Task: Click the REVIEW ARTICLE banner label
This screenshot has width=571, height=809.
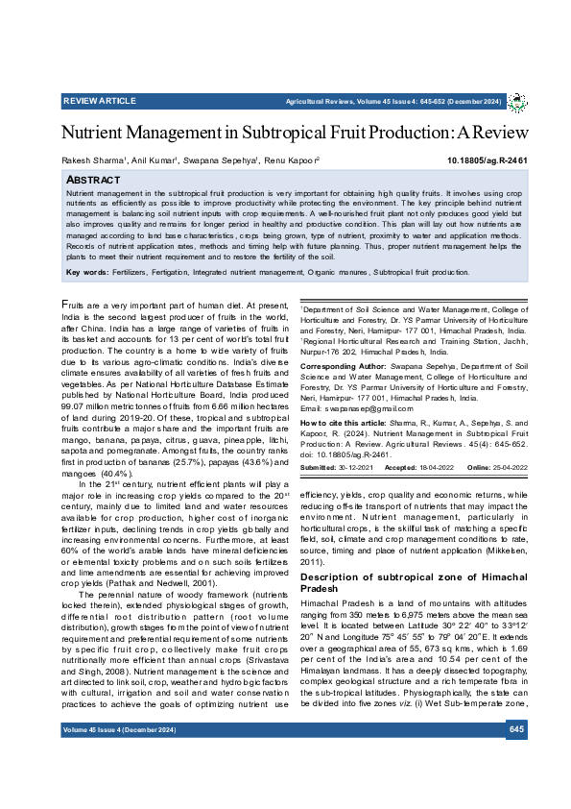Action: point(100,101)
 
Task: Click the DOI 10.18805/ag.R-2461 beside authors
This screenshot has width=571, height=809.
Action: point(487,160)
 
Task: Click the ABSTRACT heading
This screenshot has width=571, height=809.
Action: point(92,180)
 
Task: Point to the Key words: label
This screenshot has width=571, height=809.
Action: point(87,273)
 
